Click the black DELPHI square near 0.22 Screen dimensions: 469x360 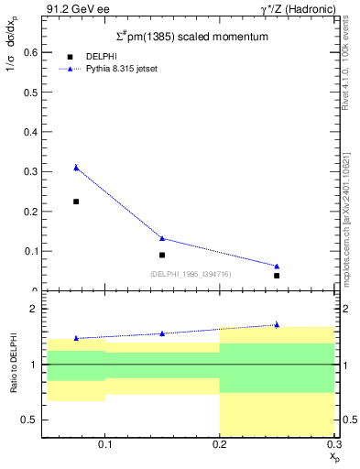pyautogui.click(x=76, y=202)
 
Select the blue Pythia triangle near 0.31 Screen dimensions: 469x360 pyautogui.click(x=76, y=168)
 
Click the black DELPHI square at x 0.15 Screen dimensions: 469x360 pyautogui.click(x=162, y=255)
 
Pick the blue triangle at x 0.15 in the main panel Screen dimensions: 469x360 pyautogui.click(x=162, y=238)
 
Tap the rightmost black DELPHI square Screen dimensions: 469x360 pyautogui.click(x=277, y=275)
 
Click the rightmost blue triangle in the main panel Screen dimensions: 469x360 pyautogui.click(x=277, y=267)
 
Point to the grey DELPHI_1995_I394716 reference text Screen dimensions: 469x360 pyautogui.click(x=191, y=274)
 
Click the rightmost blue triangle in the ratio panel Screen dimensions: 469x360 pyautogui.click(x=277, y=324)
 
